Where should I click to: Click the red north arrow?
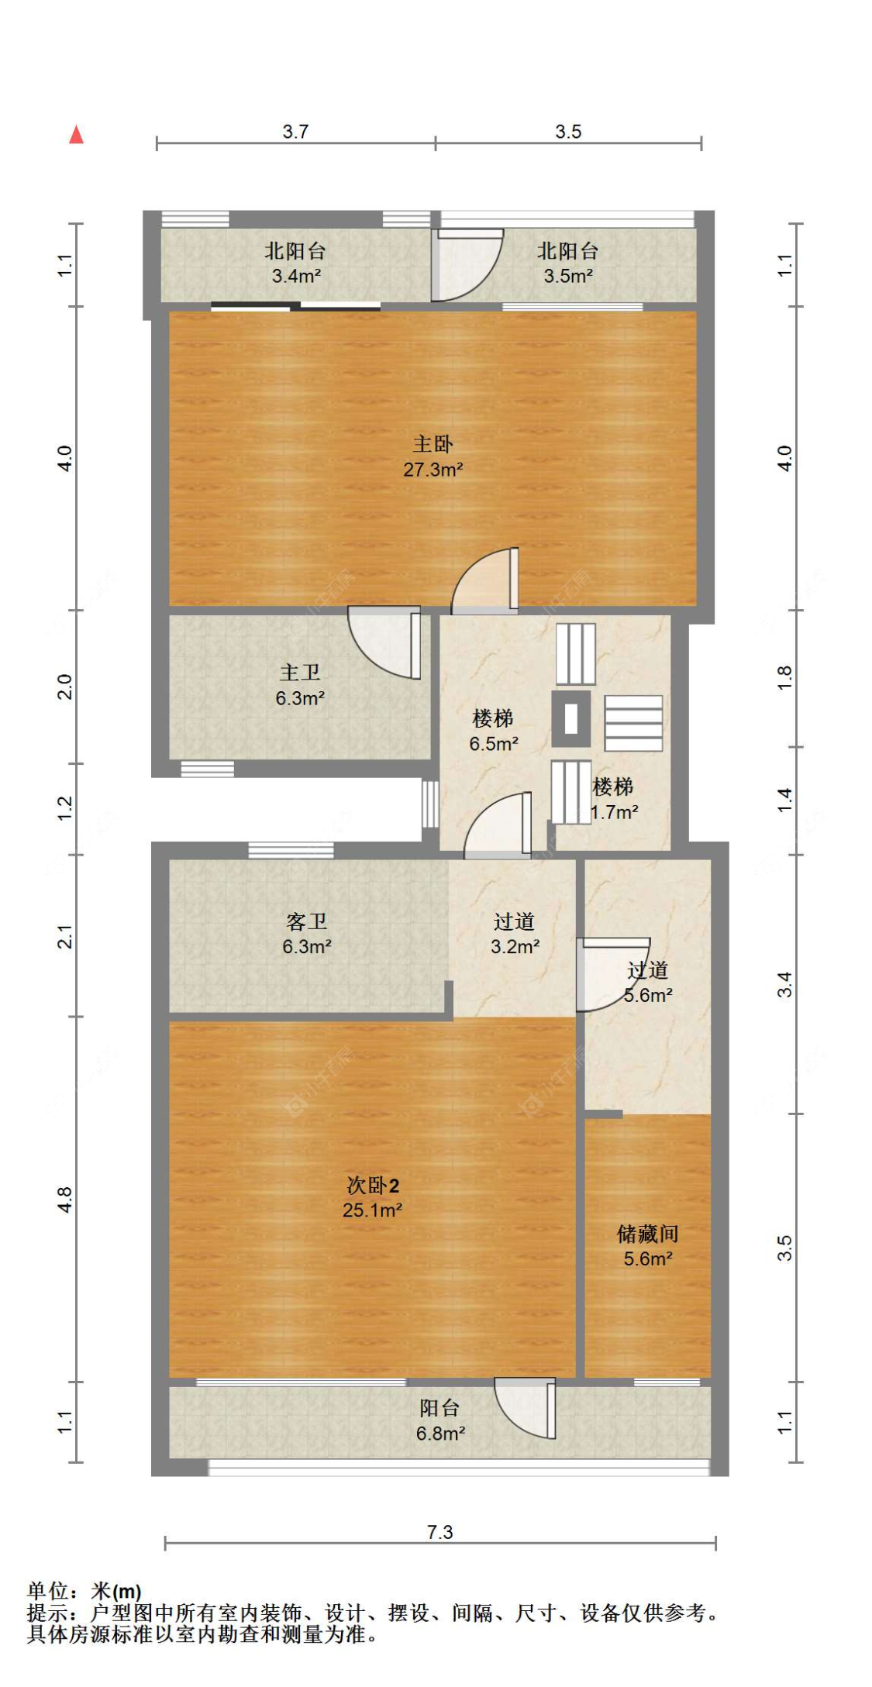[x=76, y=135]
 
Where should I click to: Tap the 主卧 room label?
[x=433, y=444]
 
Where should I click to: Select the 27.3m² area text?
[x=433, y=470]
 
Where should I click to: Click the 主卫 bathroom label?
[x=300, y=673]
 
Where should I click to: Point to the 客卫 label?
[x=307, y=921]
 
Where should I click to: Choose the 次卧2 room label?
[x=373, y=1185]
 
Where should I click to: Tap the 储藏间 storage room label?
[x=648, y=1234]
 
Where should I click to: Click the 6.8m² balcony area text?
[x=440, y=1434]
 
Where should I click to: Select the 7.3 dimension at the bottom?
[x=440, y=1532]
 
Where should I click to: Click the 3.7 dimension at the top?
[x=295, y=132]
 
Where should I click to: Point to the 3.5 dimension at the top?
[x=568, y=132]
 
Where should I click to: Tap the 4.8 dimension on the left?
[x=65, y=1200]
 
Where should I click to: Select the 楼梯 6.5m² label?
[x=494, y=731]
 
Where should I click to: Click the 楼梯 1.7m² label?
[x=614, y=800]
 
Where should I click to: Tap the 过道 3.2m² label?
[x=515, y=934]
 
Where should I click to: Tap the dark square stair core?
[x=571, y=718]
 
